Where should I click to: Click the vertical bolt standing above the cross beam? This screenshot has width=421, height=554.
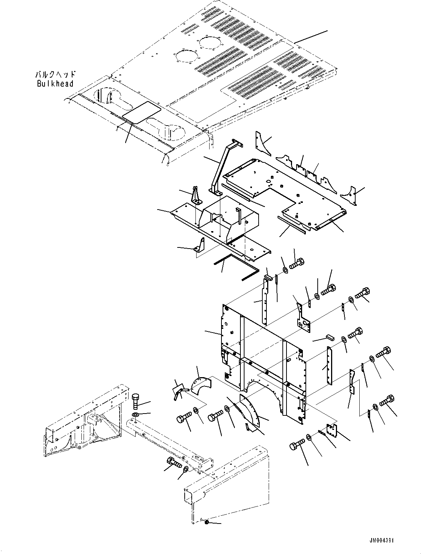[136, 401]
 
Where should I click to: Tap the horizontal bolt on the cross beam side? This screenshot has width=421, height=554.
[173, 463]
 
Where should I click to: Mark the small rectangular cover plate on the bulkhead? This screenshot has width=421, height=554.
[142, 111]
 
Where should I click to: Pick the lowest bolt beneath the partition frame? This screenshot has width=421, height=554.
[296, 444]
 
